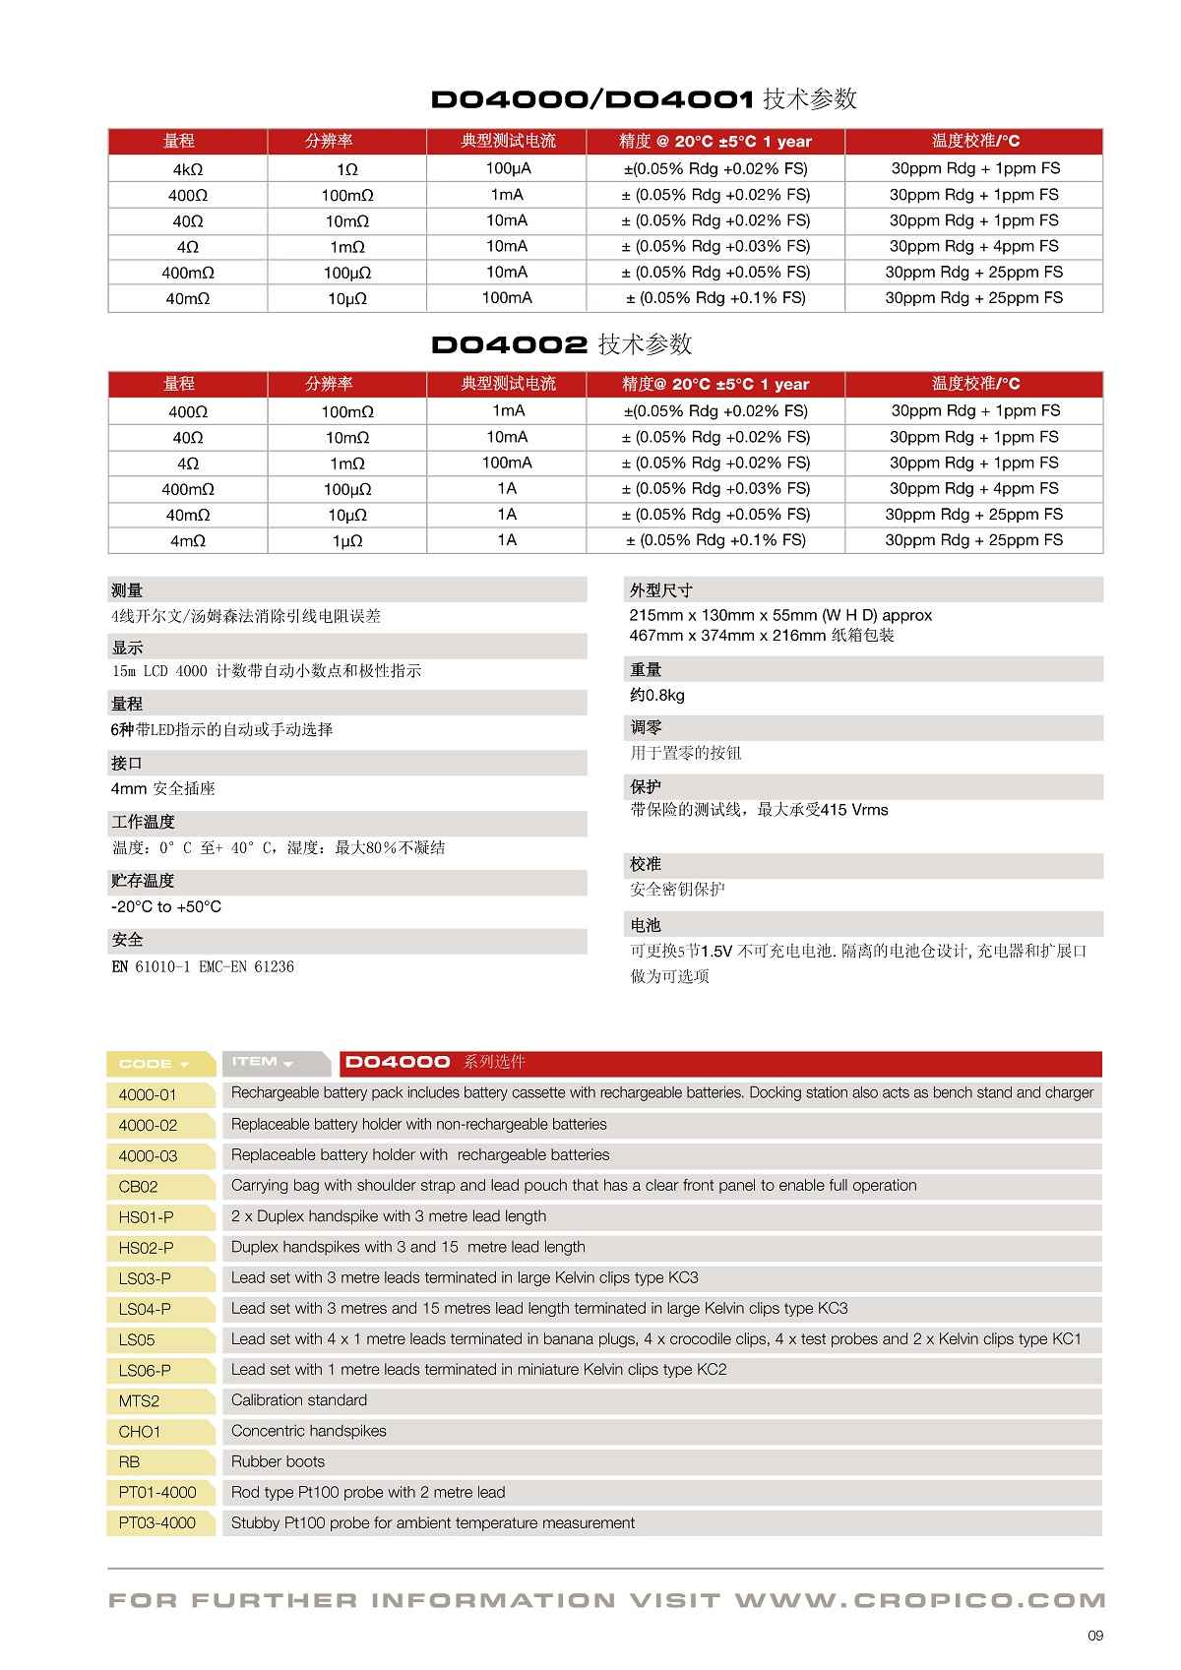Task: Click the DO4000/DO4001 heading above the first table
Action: tap(644, 98)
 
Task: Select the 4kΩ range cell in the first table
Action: tap(187, 169)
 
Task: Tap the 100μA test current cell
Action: tap(507, 168)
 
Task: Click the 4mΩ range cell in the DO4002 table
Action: tap(187, 540)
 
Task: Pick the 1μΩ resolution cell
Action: tap(346, 540)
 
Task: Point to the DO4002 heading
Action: tap(561, 343)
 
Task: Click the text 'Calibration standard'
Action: tap(299, 1399)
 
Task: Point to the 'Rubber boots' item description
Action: tap(278, 1461)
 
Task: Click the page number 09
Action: tap(1095, 1636)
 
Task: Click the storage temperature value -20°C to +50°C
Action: tap(166, 906)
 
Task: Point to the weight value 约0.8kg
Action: tap(657, 695)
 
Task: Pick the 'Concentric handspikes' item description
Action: tap(309, 1431)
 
